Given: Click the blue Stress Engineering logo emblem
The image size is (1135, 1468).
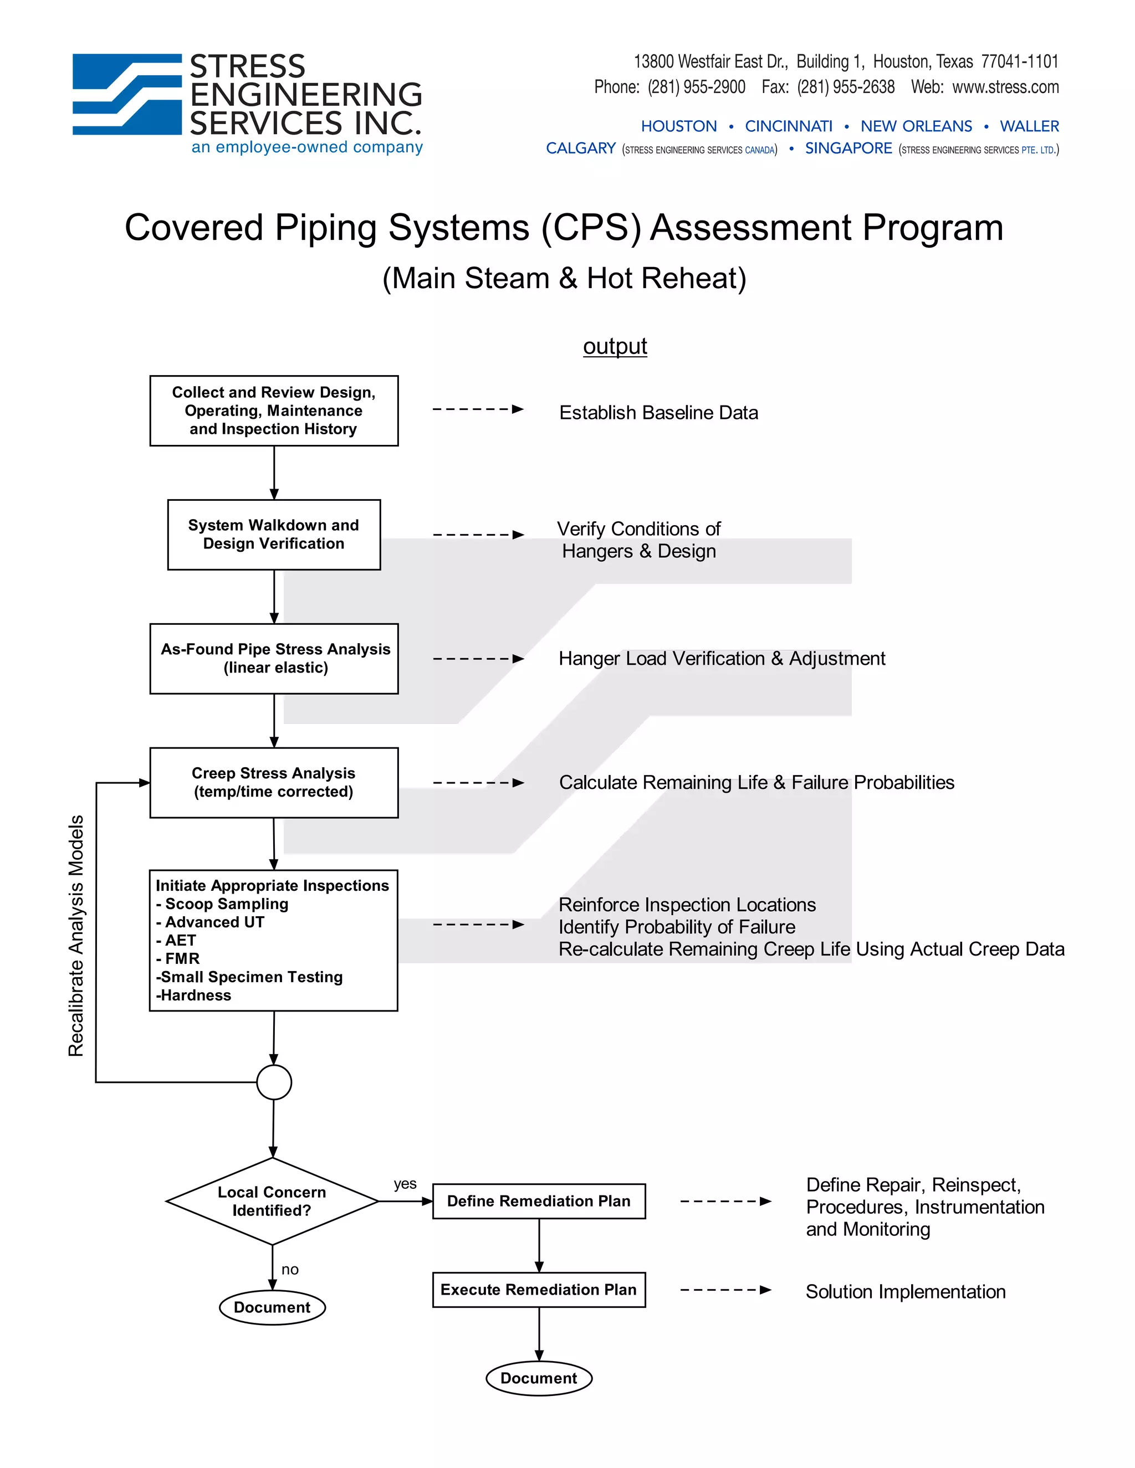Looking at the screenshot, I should point(127,94).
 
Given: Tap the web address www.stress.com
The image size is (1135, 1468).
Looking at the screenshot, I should point(1005,88).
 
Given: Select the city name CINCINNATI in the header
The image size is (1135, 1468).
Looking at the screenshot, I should point(788,126).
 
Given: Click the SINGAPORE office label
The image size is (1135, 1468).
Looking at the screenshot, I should point(848,148).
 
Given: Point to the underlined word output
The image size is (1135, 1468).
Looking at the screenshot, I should point(615,346).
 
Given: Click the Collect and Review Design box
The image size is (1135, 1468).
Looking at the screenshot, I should point(274,410).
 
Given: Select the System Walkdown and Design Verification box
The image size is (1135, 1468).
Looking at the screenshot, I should point(274,535).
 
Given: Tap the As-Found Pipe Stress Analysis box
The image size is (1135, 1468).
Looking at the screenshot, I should point(274,658).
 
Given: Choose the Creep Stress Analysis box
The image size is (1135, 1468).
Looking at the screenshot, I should point(274,782).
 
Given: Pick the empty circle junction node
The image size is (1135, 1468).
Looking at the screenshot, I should point(274,1082).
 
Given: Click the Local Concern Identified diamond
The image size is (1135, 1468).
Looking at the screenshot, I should point(272,1201).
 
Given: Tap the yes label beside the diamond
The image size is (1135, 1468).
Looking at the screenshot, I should point(405,1184).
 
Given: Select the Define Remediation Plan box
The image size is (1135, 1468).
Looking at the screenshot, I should point(539,1201).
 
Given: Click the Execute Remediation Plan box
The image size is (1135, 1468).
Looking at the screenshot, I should point(539,1290).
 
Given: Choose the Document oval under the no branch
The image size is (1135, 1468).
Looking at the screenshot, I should point(272,1307).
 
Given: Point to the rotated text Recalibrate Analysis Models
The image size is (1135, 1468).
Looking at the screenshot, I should point(76,935).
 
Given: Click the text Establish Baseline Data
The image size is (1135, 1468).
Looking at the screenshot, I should point(658,413).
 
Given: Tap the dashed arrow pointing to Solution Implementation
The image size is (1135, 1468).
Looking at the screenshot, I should point(725,1290).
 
